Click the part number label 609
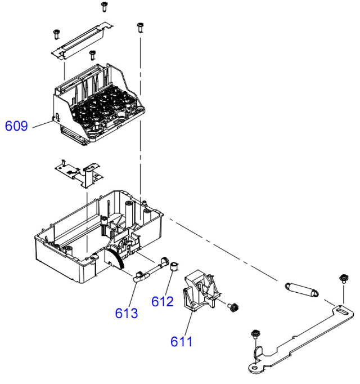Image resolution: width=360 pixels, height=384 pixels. pyautogui.click(x=16, y=126)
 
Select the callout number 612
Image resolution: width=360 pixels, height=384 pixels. pyautogui.click(x=163, y=301)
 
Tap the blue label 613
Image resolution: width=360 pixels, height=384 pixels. pyautogui.click(x=127, y=313)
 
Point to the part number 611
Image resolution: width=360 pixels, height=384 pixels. pyautogui.click(x=181, y=341)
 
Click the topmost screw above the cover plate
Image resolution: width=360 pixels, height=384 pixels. pyautogui.click(x=105, y=6)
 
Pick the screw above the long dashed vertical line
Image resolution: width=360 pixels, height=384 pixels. pyautogui.click(x=140, y=27)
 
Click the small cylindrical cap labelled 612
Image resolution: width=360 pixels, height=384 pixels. pyautogui.click(x=174, y=266)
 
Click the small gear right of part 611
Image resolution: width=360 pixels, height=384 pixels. pyautogui.click(x=233, y=307)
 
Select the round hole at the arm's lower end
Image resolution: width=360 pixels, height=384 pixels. pyautogui.click(x=254, y=368)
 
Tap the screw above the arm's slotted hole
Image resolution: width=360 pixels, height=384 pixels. pyautogui.click(x=343, y=279)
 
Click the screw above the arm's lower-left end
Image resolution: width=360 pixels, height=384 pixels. pyautogui.click(x=255, y=334)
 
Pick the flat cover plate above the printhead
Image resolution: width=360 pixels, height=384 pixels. pyautogui.click(x=82, y=42)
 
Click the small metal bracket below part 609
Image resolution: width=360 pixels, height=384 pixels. pyautogui.click(x=79, y=173)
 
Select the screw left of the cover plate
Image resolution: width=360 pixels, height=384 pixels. pyautogui.click(x=57, y=34)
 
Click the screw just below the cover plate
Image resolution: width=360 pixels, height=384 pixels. pyautogui.click(x=92, y=55)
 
